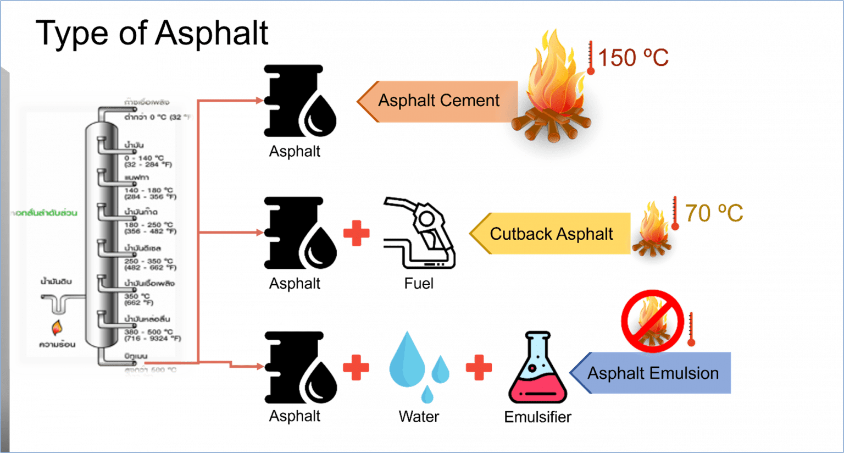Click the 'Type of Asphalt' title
point(153,33)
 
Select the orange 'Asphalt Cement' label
point(438,101)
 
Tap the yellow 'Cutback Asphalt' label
point(551,234)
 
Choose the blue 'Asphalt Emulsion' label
point(653,373)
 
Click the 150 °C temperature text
point(633,58)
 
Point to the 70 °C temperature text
point(714,213)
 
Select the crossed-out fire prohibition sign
point(652,321)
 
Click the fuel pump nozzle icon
point(419,233)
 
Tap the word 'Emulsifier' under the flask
point(538,417)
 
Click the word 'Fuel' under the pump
point(419,283)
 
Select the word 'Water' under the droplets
point(419,417)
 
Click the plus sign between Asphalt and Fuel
point(356,233)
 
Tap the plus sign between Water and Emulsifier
point(479,367)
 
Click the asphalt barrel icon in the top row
point(299,101)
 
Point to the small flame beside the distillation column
point(57,328)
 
